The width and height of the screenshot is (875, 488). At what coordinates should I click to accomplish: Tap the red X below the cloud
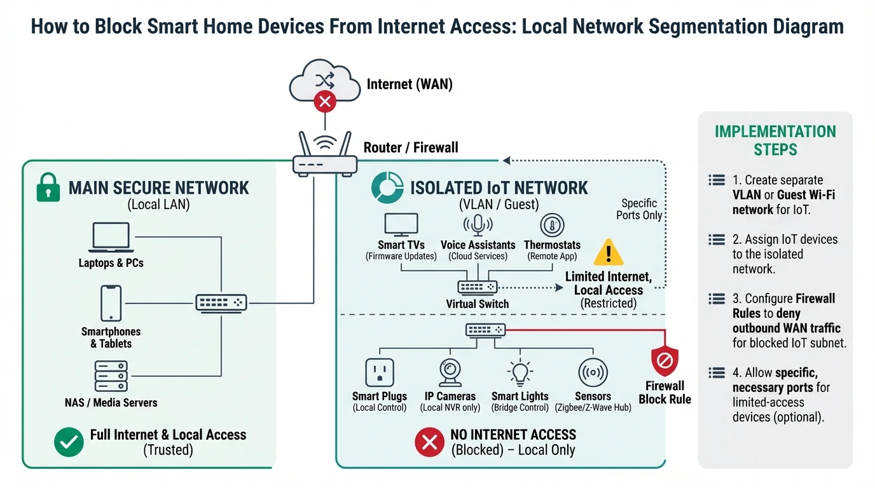326,101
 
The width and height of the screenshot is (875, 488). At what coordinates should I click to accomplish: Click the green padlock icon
48,188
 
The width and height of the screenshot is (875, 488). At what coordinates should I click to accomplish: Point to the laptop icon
111,237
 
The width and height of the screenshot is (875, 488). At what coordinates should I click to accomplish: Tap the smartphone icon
111,303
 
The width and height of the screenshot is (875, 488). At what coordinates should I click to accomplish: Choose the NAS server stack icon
111,376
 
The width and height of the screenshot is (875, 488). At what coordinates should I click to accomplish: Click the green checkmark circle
69,442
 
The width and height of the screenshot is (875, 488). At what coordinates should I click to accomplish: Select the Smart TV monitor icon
401,225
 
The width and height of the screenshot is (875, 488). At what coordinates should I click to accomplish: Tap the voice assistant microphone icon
478,225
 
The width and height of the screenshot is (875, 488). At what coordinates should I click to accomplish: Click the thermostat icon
552,225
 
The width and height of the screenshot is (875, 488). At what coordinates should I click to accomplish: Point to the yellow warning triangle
608,252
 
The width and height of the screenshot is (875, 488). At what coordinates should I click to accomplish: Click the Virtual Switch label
478,304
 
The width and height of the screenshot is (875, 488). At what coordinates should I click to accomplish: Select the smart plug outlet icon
380,372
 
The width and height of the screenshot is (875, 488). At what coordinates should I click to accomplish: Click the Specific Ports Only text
639,209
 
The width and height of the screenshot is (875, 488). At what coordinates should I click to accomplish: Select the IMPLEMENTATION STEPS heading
775,140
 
